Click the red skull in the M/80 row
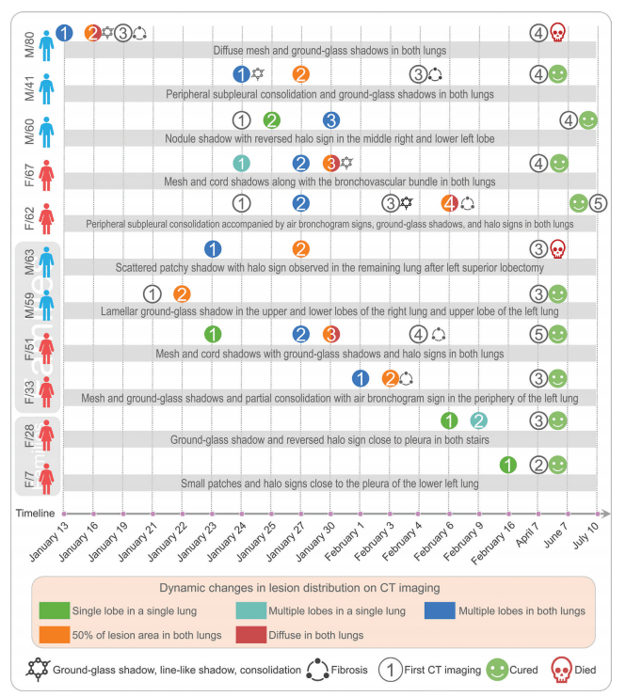(x=557, y=33)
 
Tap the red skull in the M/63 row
(x=557, y=249)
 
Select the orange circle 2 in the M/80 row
(x=92, y=33)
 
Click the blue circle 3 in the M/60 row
(x=330, y=119)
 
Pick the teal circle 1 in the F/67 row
(x=241, y=163)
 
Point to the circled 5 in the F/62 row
(x=598, y=203)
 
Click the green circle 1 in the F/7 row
(x=507, y=464)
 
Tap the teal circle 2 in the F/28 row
(x=478, y=420)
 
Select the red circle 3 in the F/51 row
(x=330, y=334)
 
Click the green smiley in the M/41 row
(x=558, y=74)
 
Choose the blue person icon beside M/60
(x=47, y=123)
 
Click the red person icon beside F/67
(x=47, y=166)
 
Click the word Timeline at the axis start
(x=35, y=514)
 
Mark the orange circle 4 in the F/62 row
(x=450, y=203)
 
